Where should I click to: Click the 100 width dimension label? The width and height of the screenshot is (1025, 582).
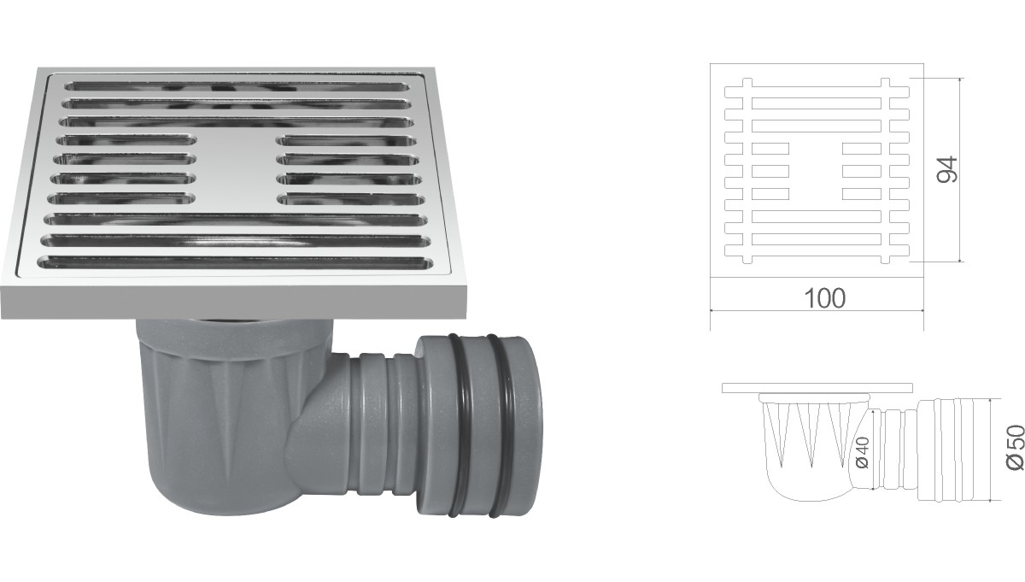click(x=824, y=298)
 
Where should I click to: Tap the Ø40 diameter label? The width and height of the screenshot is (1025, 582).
click(x=862, y=452)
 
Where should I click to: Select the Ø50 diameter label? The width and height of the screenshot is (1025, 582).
click(x=1015, y=447)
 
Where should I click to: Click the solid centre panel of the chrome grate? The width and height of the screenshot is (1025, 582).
click(x=236, y=168)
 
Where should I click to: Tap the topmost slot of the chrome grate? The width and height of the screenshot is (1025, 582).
click(x=237, y=86)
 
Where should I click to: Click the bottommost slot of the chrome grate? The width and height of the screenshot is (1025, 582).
click(x=236, y=262)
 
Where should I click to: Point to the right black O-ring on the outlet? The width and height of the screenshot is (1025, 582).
click(x=500, y=426)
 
